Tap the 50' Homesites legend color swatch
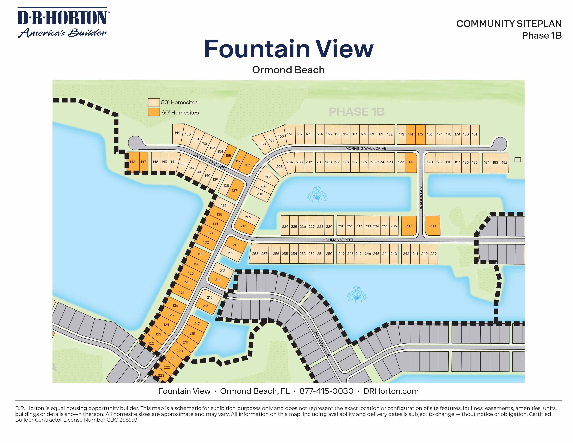[x=154, y=102]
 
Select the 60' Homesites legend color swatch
[x=154, y=112]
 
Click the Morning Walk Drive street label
[x=366, y=149]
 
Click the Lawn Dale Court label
[x=210, y=161]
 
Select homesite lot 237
[x=409, y=226]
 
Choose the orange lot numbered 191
[x=411, y=162]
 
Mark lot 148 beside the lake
[x=132, y=162]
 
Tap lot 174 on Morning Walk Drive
[x=410, y=134]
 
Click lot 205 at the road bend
[x=279, y=167]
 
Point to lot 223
[x=161, y=375]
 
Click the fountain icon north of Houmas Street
[x=317, y=195]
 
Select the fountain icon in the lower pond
[x=356, y=295]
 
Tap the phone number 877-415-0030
[x=326, y=391]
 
